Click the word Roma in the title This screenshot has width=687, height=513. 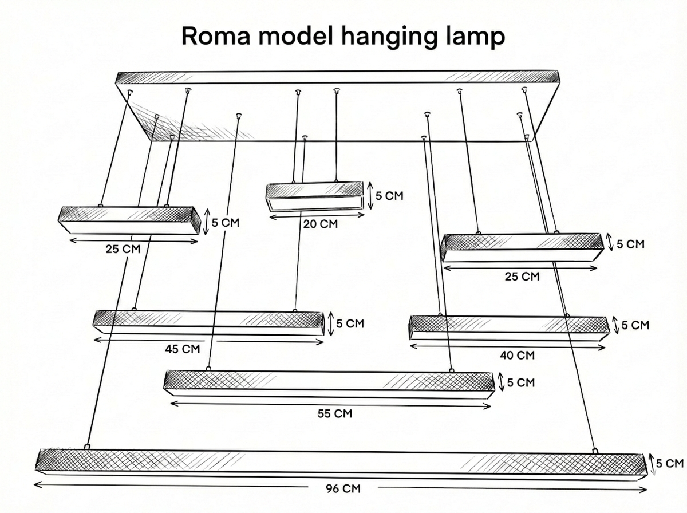click(216, 36)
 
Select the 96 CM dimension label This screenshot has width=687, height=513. click(343, 488)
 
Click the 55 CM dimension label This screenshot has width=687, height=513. click(334, 414)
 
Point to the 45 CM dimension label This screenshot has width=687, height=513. click(183, 349)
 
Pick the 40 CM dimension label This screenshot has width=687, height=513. click(517, 355)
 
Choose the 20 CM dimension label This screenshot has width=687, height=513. click(321, 224)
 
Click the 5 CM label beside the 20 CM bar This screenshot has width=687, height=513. click(389, 196)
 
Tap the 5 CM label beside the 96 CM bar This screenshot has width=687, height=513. click(670, 464)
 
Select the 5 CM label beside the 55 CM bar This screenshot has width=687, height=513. click(521, 382)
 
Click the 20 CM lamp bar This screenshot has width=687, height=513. click(314, 196)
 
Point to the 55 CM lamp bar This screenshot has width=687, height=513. click(329, 384)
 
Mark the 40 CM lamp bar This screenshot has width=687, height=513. click(510, 327)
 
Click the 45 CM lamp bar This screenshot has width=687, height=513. click(209, 323)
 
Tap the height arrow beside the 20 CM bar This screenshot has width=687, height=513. click(370, 196)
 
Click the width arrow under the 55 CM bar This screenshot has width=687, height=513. click(330, 405)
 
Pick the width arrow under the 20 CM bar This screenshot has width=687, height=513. click(317, 216)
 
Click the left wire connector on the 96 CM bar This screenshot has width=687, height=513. click(87, 447)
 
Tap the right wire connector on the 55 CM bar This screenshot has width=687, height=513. click(451, 370)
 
